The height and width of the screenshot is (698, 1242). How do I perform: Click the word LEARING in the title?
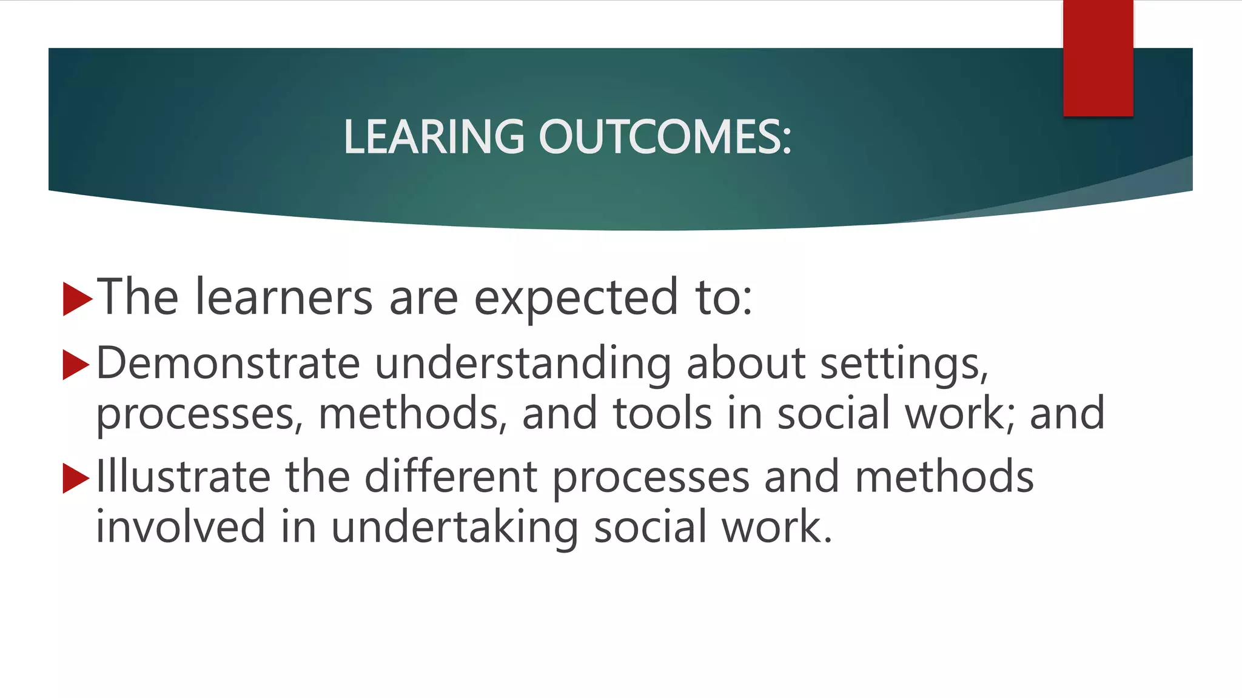[433, 136]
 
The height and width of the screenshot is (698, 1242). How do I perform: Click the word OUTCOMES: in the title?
[665, 136]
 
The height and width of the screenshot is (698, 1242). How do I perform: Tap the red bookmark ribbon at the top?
[1098, 58]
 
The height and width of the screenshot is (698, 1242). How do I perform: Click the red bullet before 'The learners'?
[76, 299]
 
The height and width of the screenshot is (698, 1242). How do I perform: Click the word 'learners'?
[283, 297]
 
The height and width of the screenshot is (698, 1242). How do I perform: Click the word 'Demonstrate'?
[228, 364]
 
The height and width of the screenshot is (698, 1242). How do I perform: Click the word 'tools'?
[662, 413]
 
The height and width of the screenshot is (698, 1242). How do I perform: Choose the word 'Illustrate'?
[183, 477]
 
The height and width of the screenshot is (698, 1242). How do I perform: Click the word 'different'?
[451, 477]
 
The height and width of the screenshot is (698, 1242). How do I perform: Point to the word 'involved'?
[180, 527]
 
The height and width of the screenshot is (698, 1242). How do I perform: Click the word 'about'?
[746, 364]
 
